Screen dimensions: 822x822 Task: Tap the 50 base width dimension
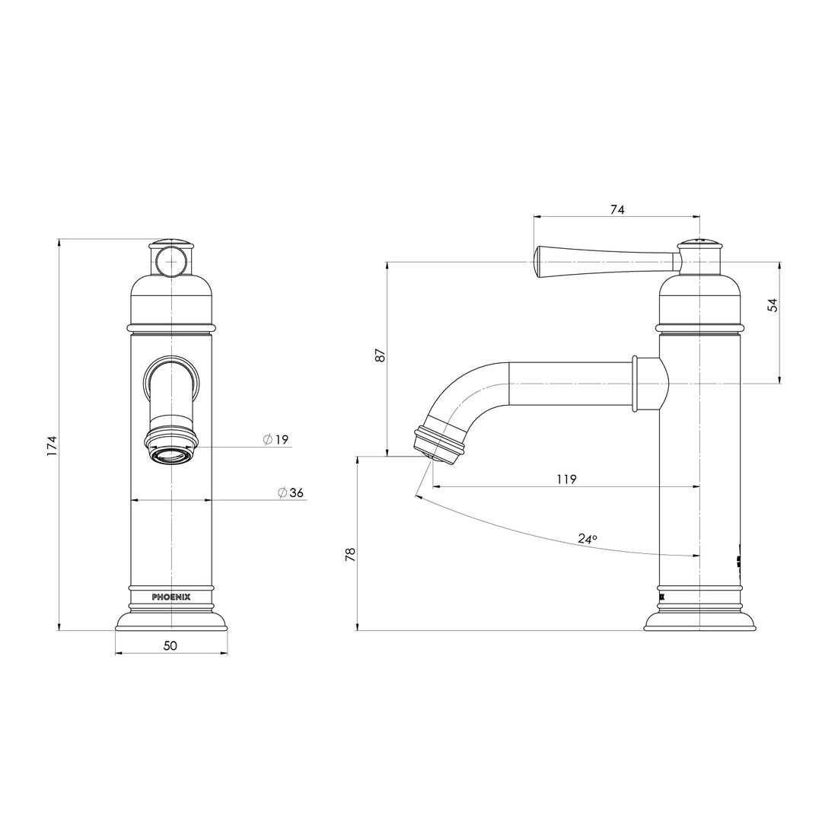coord(170,645)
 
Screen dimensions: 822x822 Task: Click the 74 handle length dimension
coord(617,210)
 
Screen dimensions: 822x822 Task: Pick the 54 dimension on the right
coord(773,305)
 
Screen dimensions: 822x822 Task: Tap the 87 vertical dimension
coord(381,355)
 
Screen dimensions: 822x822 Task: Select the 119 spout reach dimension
coord(566,479)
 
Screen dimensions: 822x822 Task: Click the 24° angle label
coord(587,538)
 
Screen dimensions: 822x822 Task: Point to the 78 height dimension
coord(350,554)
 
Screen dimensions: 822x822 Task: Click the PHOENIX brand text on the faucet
coord(171,597)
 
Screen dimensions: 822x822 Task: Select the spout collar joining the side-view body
coord(648,384)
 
